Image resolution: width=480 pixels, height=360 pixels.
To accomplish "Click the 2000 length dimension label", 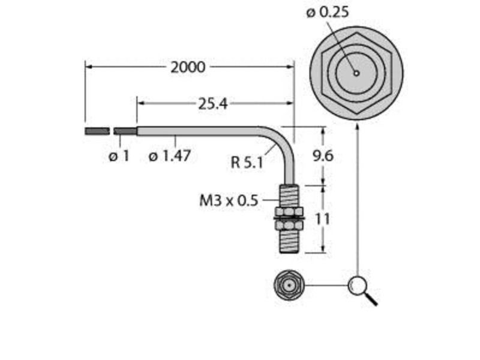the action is coord(188,67).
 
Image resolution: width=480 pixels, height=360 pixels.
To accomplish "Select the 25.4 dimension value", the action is coord(213,104).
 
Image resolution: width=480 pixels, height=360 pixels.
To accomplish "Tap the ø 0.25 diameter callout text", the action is coord(328,13).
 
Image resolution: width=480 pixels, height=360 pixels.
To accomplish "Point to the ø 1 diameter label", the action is coord(119,156).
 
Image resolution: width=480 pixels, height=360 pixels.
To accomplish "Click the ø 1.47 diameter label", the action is coord(170,156).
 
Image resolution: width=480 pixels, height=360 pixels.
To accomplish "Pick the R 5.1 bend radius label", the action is coord(247,162).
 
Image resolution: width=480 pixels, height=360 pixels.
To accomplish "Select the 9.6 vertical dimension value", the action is coord(323,156).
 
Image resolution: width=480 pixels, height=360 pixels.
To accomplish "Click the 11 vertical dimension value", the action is coord(322,219).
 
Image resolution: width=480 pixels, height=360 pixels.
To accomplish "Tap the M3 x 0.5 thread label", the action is coord(229,201).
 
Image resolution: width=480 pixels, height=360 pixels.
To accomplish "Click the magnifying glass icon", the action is coord(361,289).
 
